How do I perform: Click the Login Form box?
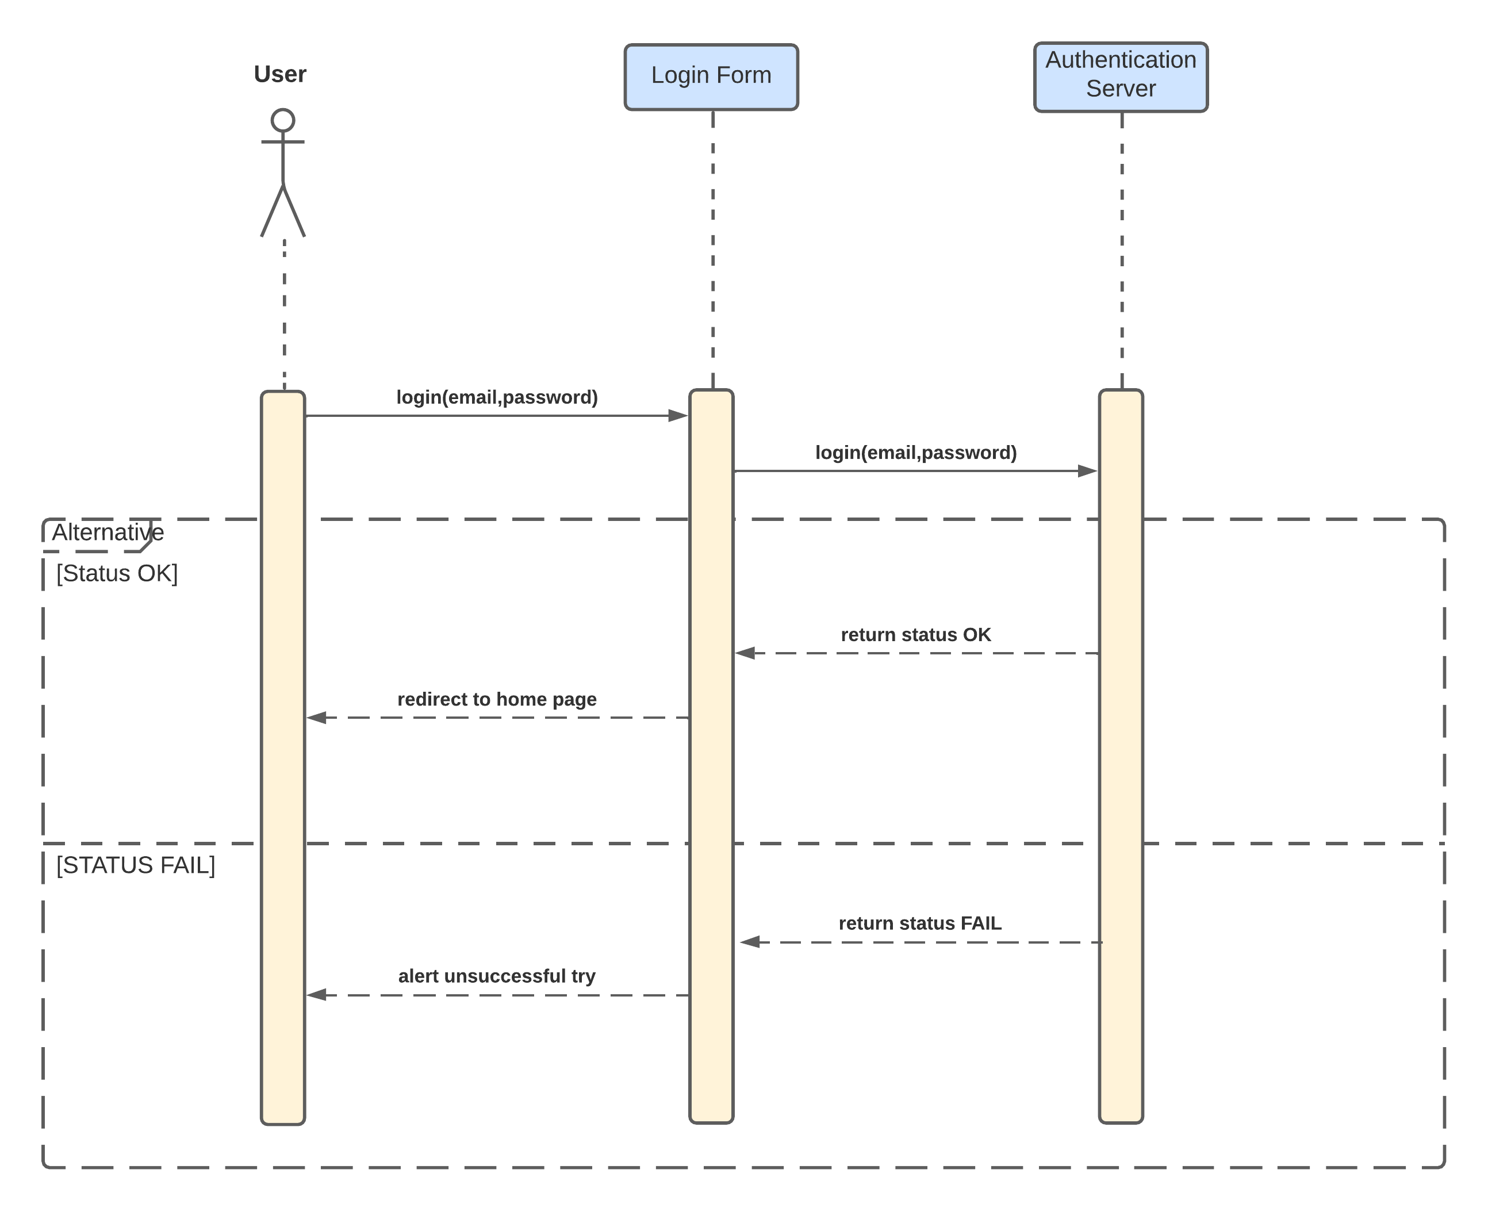tap(711, 76)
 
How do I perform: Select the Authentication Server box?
tap(1121, 76)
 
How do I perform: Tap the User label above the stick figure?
tap(280, 74)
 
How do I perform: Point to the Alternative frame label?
tap(108, 533)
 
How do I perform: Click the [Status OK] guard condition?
tap(117, 573)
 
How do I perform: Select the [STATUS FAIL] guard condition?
tap(135, 865)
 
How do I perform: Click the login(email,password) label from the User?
tap(497, 397)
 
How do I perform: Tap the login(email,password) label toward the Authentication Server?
tap(915, 453)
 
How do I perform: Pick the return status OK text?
tap(915, 635)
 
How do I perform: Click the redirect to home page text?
tap(497, 699)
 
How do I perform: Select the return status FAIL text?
tap(919, 923)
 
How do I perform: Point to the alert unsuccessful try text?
tap(497, 976)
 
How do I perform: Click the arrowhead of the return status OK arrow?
tap(745, 654)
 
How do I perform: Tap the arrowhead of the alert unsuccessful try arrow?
tap(317, 995)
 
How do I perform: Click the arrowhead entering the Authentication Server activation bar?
tap(1087, 471)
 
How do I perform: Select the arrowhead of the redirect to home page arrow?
tap(317, 717)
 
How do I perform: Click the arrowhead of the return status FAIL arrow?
tap(750, 942)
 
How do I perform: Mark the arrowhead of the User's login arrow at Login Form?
tap(677, 416)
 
